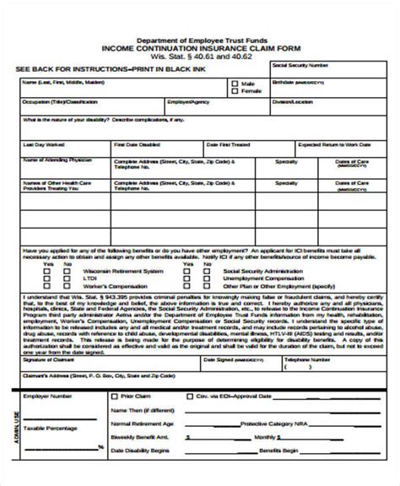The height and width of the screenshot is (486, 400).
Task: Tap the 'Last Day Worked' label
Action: (41, 143)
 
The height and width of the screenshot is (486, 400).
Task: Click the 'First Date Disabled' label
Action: (132, 143)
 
